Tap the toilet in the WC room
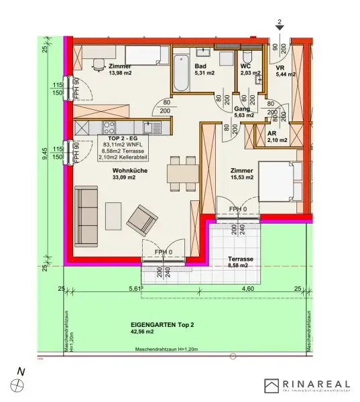246,56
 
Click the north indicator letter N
21,371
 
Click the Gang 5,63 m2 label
244,111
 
